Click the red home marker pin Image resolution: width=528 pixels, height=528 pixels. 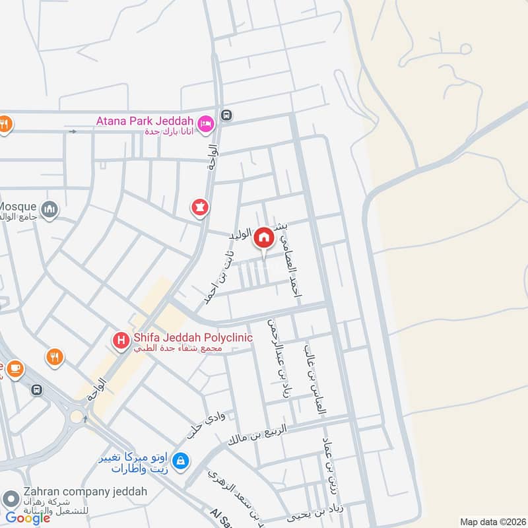tap(264, 238)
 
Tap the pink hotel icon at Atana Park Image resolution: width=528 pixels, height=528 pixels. tap(205, 123)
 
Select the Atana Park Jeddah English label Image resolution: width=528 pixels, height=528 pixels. tap(144, 121)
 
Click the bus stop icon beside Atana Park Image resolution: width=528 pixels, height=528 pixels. tap(227, 115)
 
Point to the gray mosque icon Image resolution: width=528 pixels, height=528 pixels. tap(49, 210)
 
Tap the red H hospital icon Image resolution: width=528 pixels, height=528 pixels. tap(121, 340)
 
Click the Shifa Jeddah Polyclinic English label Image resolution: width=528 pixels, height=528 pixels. tap(193, 337)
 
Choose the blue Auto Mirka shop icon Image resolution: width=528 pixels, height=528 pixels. tap(182, 460)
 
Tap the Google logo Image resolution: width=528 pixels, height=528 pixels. tap(28, 518)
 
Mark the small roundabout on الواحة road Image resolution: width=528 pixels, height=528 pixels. tap(77, 416)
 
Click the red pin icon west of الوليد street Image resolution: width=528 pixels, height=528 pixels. tap(200, 208)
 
